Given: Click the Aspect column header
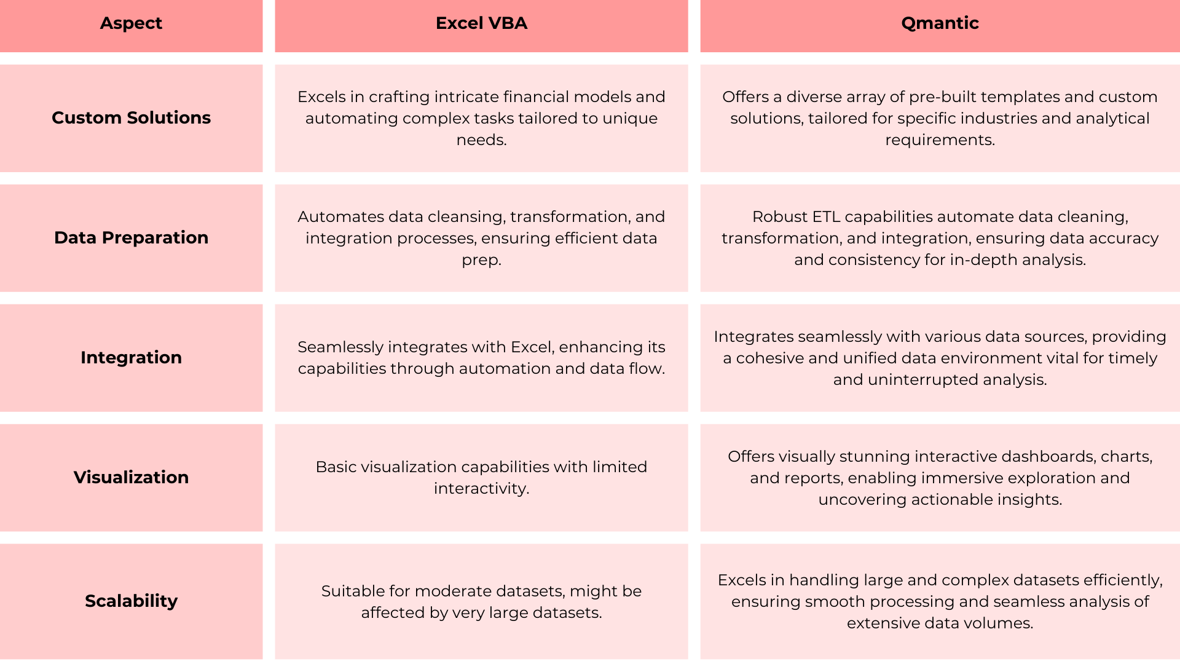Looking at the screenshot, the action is click(131, 23).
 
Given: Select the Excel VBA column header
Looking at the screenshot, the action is click(481, 23).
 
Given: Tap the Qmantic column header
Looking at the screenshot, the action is click(940, 23).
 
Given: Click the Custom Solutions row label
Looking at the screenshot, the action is click(131, 117).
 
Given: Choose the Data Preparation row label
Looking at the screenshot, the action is click(131, 237).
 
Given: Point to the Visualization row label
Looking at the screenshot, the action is click(131, 477).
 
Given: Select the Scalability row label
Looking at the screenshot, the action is click(131, 601).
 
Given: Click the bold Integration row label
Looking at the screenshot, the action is click(131, 357).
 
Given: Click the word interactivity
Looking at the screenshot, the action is click(481, 489).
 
